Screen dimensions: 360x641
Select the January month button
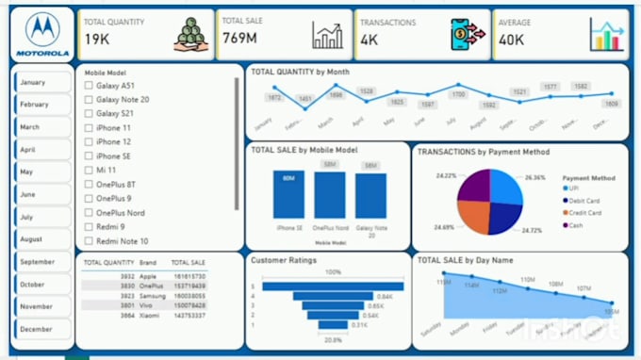pos(41,82)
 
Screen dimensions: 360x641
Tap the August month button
pos(41,239)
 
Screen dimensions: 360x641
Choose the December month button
pos(41,329)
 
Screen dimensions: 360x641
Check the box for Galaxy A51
pos(90,86)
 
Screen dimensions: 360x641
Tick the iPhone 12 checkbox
pos(90,142)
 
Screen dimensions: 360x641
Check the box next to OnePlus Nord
pos(90,213)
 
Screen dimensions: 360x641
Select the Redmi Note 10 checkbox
pos(90,241)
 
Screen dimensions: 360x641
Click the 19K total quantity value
pos(98,40)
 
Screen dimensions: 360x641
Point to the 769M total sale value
pos(240,40)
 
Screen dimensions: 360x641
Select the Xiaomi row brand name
pos(150,315)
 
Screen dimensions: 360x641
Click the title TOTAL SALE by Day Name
pos(465,259)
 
